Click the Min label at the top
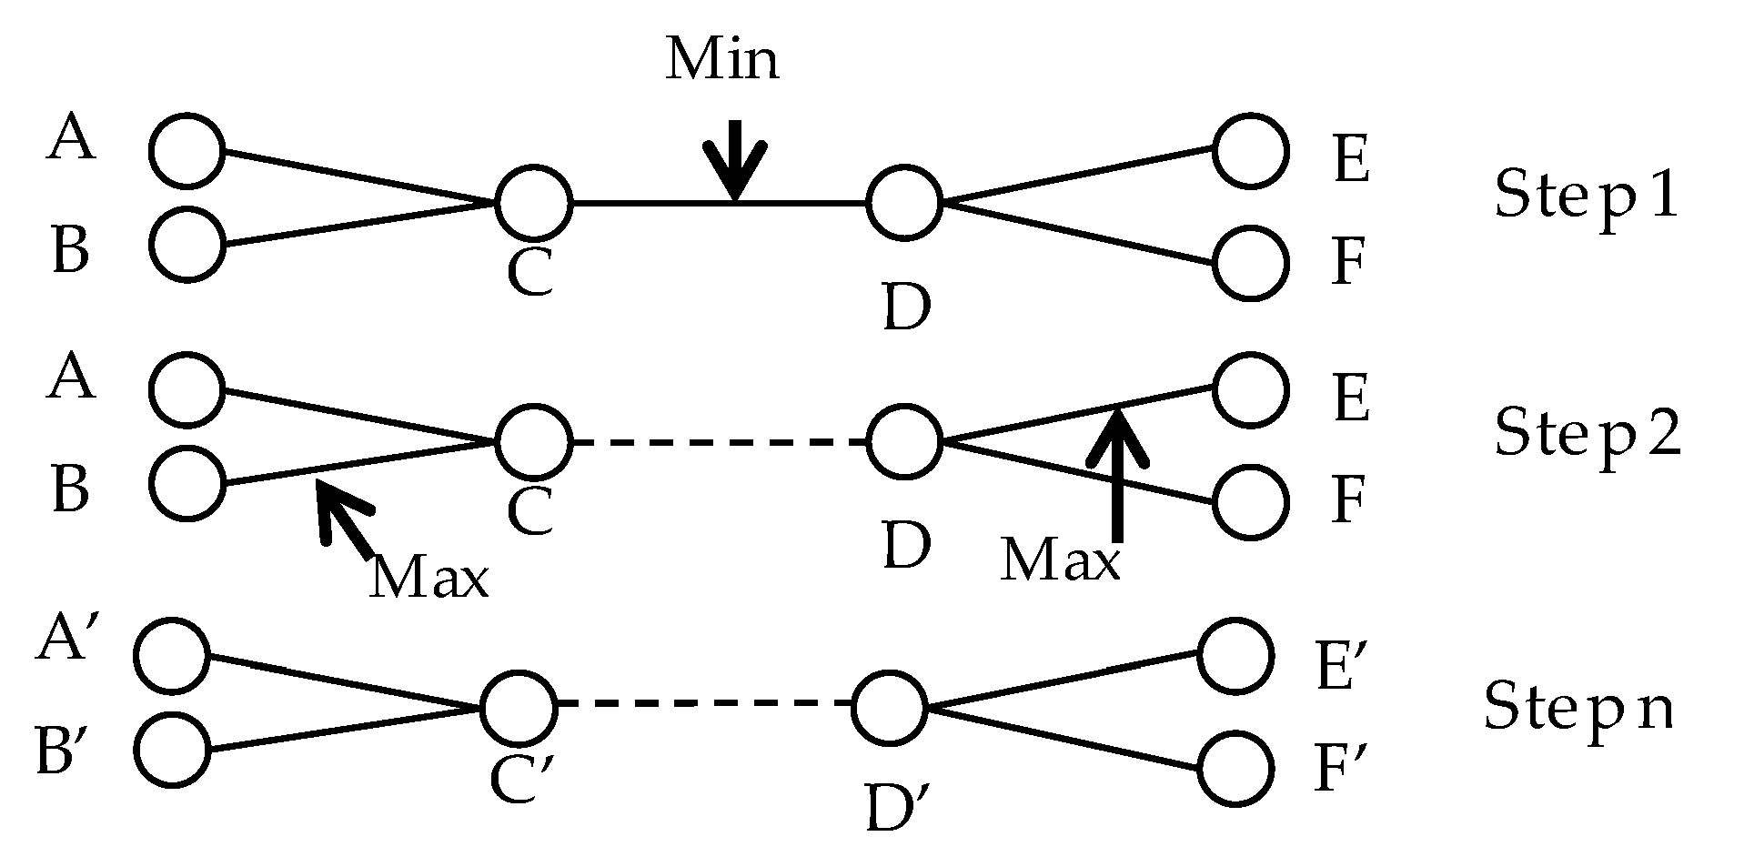722,61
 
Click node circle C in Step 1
534,203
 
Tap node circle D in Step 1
903,203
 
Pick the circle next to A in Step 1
186,152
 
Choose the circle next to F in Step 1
1252,263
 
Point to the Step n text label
1578,707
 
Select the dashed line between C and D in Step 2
719,442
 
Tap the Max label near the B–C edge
428,577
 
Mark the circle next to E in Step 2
1252,389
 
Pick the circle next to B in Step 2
186,483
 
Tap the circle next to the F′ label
1235,769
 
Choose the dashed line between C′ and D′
705,704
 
